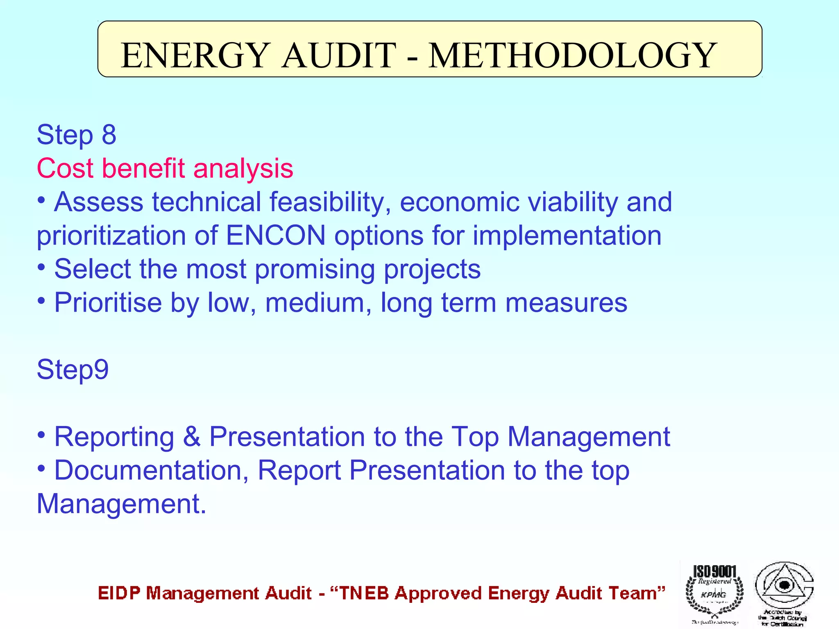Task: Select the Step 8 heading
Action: point(77,135)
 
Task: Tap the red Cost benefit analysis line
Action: point(165,168)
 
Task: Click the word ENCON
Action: point(276,235)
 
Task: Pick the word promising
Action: point(315,269)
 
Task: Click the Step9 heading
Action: point(73,369)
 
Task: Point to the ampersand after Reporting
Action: point(192,437)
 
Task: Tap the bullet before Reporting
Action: point(41,434)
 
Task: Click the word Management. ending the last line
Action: point(121,504)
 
